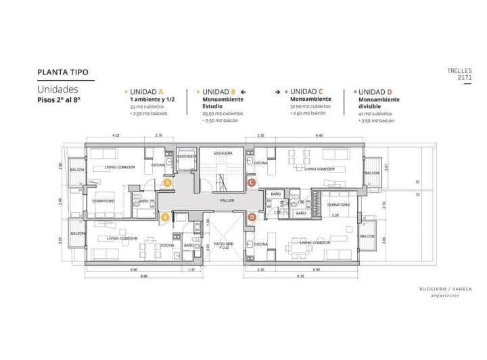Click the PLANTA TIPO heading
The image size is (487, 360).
point(63,72)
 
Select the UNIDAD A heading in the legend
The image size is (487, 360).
point(147,91)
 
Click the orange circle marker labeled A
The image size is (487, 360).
point(167,183)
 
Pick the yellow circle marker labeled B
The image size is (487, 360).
point(164,217)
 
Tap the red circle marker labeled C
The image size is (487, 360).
point(251,183)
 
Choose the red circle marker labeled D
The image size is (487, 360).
point(251,217)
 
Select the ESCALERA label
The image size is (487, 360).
point(223,153)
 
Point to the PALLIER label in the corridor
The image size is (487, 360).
point(227,200)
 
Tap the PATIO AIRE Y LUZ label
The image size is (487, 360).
point(225,246)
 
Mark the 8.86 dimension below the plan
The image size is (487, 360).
point(126,277)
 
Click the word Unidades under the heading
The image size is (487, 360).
point(57,89)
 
